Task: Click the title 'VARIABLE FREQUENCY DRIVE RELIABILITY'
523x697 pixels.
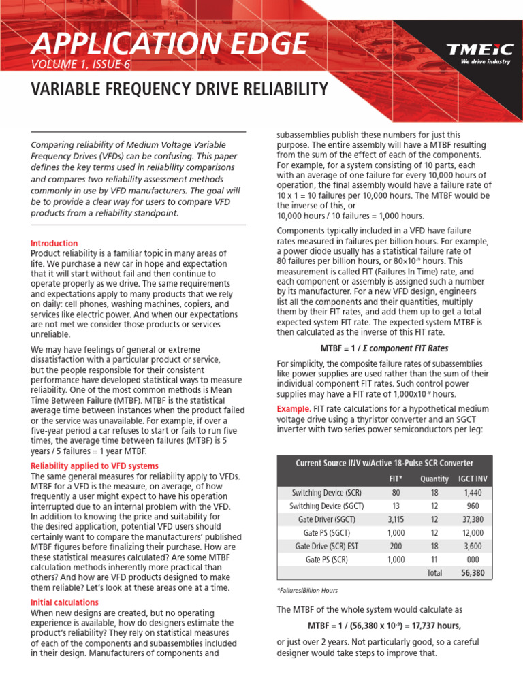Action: coord(180,90)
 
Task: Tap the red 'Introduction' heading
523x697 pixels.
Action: coord(54,243)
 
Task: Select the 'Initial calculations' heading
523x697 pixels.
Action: coord(65,602)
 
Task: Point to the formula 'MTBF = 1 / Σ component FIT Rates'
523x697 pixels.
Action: coord(384,348)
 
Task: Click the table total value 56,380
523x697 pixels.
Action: coord(473,573)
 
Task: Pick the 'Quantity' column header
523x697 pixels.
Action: coord(434,479)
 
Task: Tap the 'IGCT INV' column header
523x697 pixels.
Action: coord(473,479)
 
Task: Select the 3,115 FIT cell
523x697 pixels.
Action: coord(395,519)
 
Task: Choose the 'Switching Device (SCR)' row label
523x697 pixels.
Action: coord(326,491)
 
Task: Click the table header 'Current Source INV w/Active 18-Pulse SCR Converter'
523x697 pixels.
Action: coord(384,463)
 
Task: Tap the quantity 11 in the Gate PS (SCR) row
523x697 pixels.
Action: coord(434,560)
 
